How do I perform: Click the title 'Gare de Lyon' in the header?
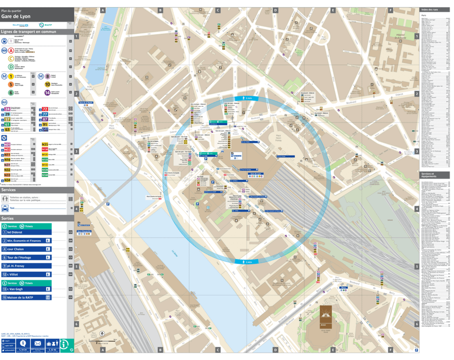(16, 16)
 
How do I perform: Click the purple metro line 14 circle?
(47, 92)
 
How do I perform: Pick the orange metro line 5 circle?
(11, 84)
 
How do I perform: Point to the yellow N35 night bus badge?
(45, 144)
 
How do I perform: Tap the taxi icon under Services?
(5, 208)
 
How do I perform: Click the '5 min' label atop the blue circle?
(248, 98)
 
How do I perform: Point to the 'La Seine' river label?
(175, 253)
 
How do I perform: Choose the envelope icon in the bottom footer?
(37, 343)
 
